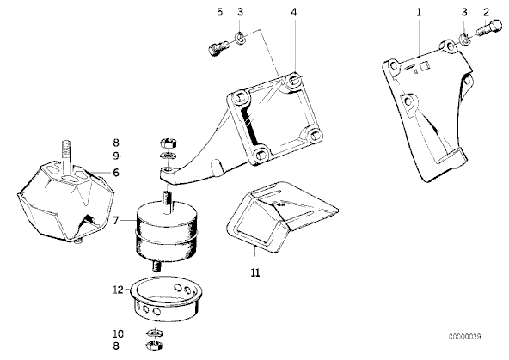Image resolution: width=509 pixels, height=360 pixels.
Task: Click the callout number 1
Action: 419,12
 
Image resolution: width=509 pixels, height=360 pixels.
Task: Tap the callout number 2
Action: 486,12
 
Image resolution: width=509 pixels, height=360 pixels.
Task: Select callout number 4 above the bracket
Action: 294,12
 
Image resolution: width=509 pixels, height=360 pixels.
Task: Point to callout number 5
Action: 220,12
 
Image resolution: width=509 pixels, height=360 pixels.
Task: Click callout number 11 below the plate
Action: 255,272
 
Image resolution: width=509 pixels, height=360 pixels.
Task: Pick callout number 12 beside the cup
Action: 118,290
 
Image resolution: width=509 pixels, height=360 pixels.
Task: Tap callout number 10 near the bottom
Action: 118,333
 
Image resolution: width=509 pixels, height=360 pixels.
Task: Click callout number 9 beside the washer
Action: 116,156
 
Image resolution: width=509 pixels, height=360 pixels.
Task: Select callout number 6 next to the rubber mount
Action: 116,173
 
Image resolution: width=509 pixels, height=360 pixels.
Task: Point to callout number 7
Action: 116,221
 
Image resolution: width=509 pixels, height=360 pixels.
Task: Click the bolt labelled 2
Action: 489,28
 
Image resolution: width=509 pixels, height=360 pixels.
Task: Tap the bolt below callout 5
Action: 218,49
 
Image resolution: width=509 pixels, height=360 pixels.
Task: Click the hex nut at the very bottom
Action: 155,345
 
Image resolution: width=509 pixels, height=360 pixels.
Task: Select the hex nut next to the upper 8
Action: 169,142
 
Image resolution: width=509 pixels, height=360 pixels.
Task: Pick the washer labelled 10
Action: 155,333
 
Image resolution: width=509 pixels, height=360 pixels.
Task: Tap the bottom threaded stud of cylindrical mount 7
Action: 157,266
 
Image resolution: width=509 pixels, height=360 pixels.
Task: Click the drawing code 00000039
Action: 465,337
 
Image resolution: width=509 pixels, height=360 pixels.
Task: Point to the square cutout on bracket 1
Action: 425,66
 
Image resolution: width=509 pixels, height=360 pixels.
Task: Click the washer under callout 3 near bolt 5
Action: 240,39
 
